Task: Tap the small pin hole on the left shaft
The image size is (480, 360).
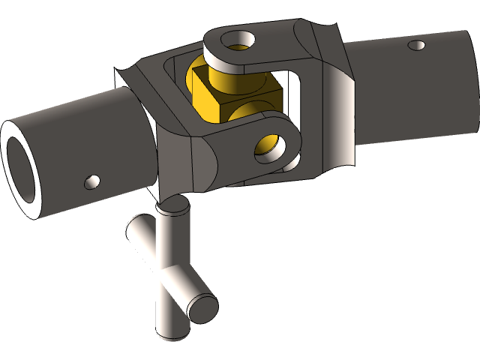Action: click(93, 181)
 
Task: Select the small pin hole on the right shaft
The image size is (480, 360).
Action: click(415, 46)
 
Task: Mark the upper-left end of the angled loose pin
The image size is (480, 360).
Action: click(133, 224)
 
